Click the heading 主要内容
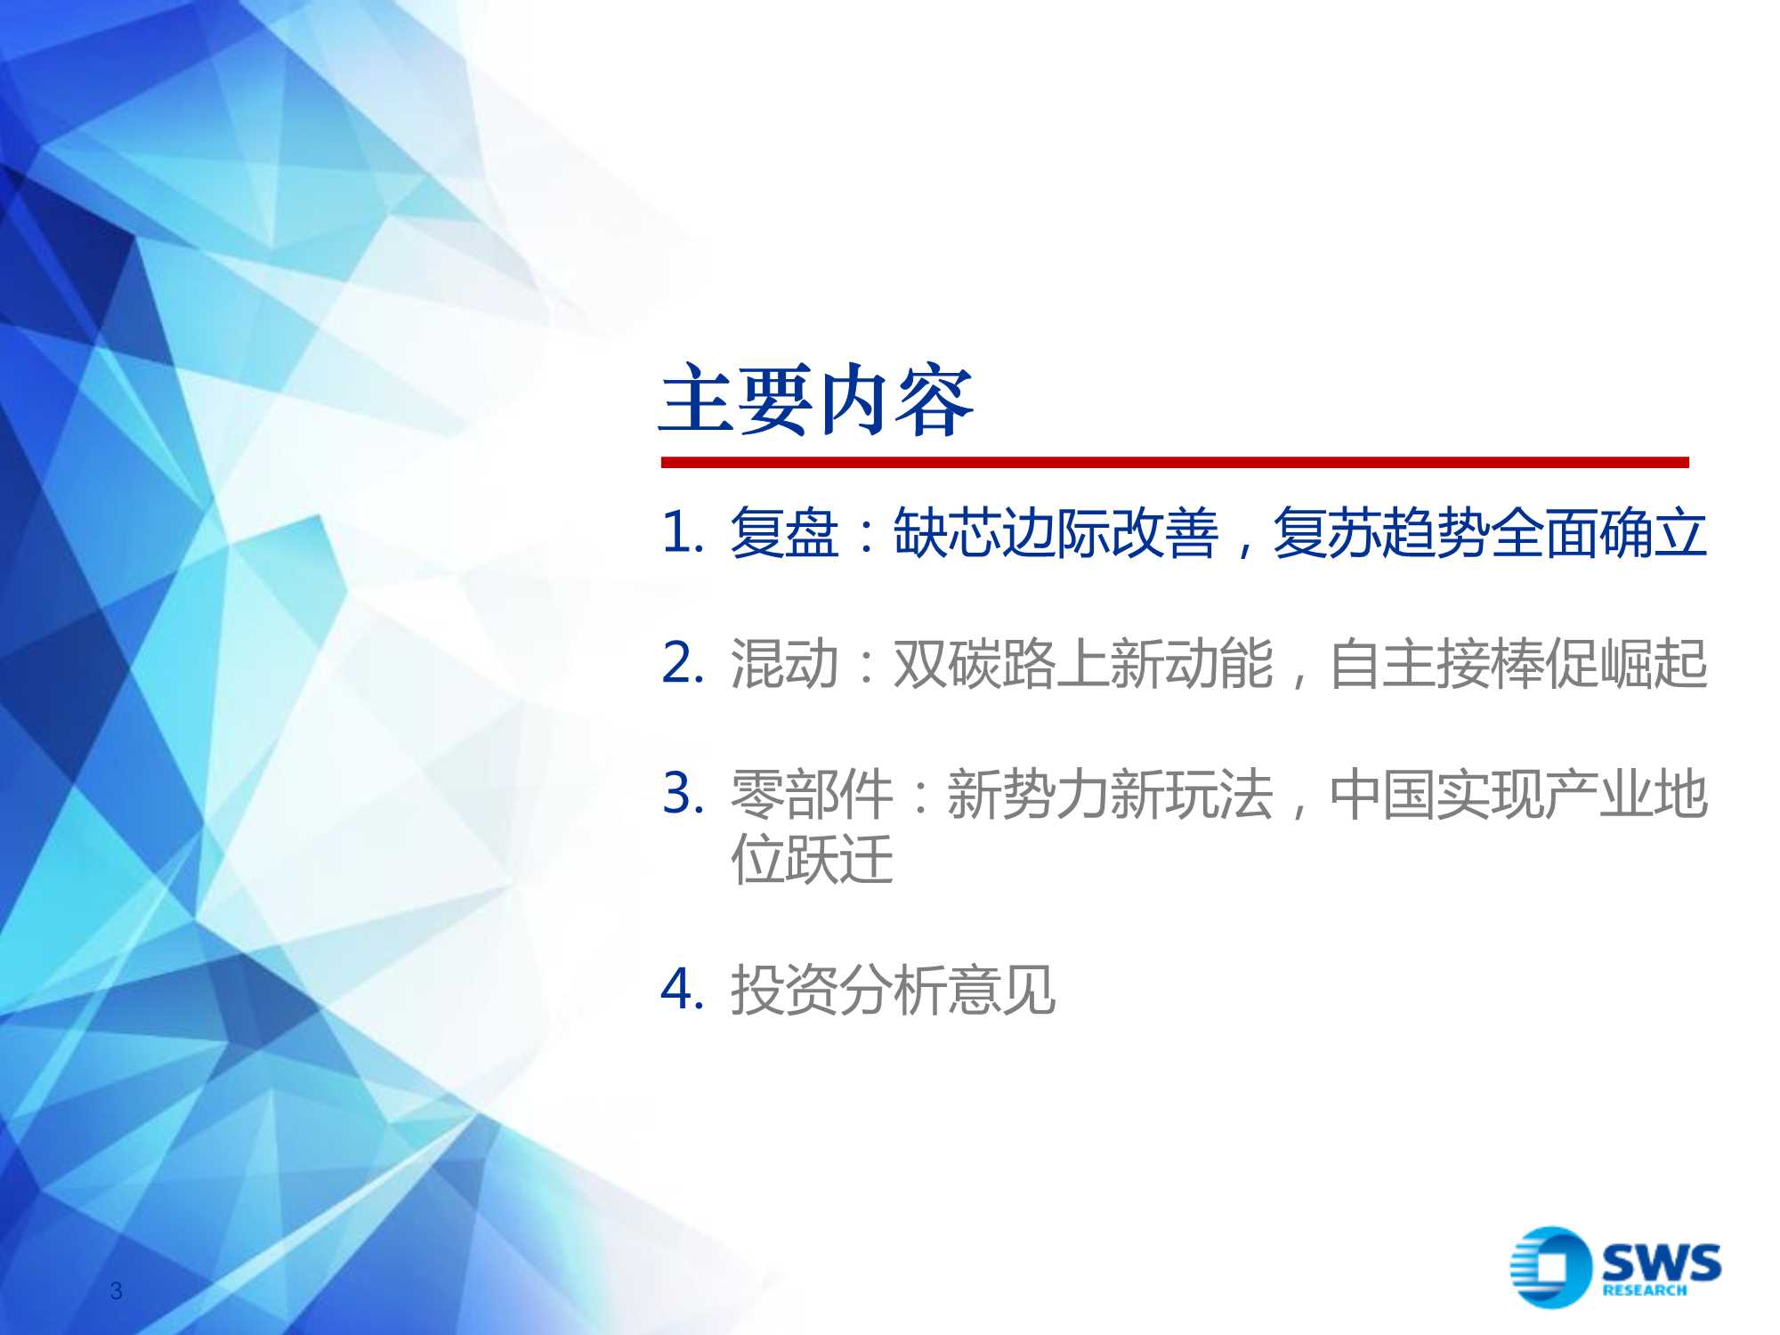coord(815,400)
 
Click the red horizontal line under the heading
coord(1174,462)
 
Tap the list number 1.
coord(682,533)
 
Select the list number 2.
coord(682,663)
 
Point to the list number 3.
coord(682,792)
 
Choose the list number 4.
coord(682,989)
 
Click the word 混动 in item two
coord(784,664)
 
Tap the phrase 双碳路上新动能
coord(1082,664)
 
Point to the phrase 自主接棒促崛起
coord(1517,664)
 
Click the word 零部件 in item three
coord(811,794)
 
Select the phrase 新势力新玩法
coord(1109,794)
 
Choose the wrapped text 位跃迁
coord(811,859)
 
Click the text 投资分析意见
coord(893,990)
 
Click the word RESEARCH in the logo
coord(1644,1290)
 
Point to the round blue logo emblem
coord(1549,1267)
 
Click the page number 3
coord(116,1290)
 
